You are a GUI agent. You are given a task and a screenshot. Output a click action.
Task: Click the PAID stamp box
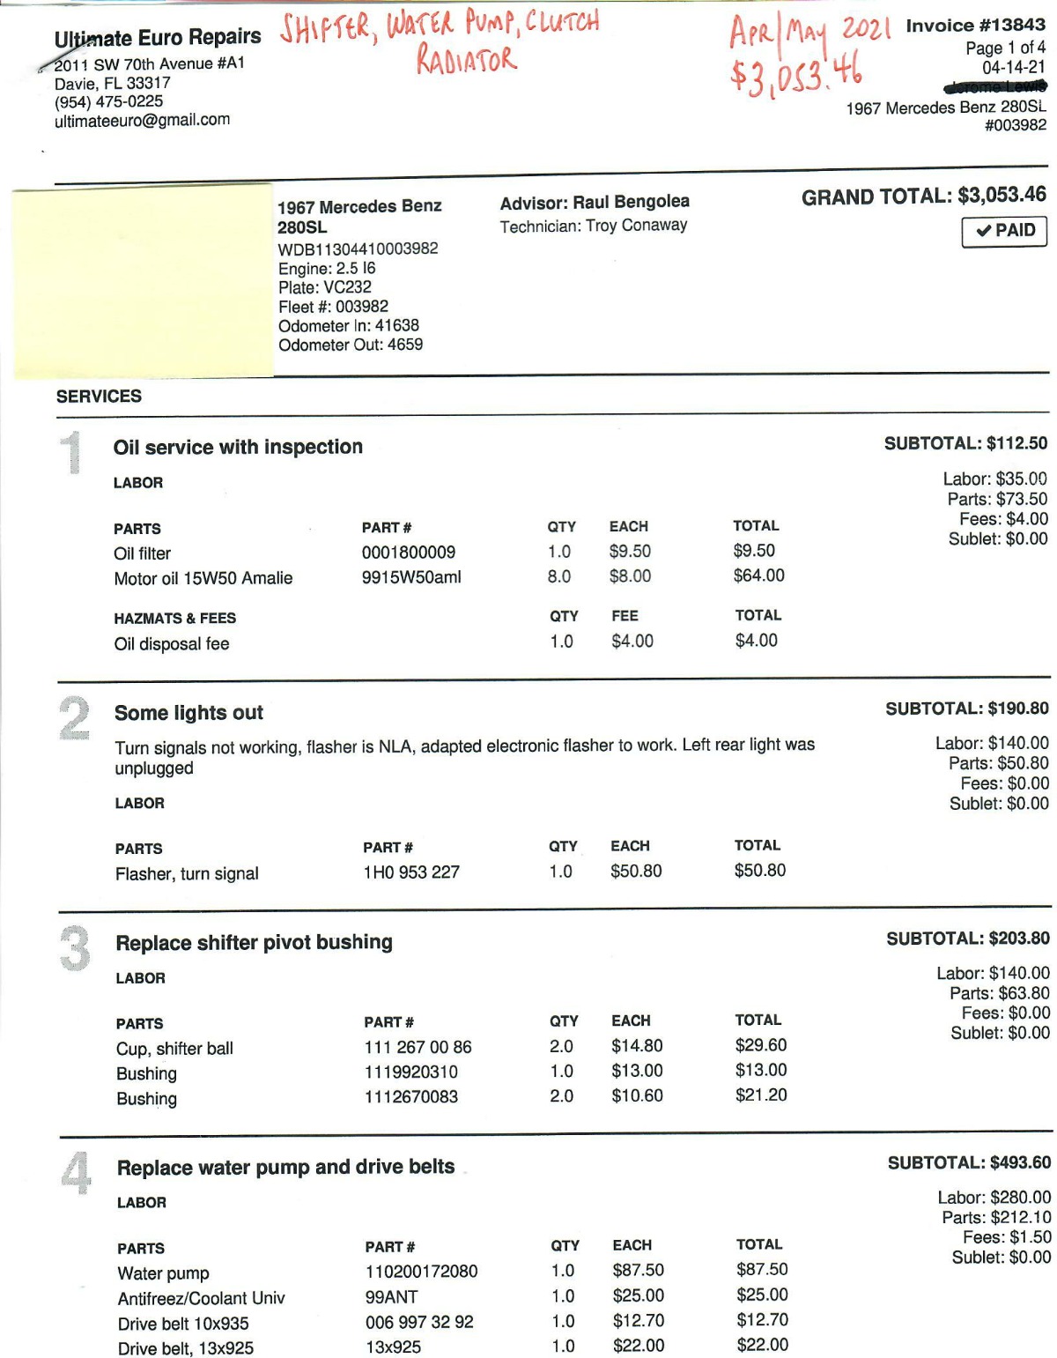(1004, 231)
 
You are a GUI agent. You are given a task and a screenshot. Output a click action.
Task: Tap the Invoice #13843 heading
(975, 26)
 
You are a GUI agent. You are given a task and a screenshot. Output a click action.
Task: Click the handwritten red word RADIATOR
(466, 60)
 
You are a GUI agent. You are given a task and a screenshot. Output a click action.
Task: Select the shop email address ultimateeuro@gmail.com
(142, 120)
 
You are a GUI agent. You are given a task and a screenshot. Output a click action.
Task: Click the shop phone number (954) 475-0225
(108, 101)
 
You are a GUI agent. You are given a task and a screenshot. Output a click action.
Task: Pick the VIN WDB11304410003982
(358, 249)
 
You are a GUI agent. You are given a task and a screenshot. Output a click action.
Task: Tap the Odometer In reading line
(349, 325)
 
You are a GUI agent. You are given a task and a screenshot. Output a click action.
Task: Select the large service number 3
(75, 948)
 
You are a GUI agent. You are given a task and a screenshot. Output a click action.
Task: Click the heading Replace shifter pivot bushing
(254, 942)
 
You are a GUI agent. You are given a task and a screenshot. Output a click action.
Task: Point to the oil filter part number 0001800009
(409, 553)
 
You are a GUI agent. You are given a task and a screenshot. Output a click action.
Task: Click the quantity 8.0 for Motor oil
(559, 576)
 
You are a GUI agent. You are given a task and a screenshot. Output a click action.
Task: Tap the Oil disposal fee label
(172, 644)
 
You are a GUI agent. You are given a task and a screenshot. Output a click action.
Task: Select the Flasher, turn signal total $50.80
(759, 871)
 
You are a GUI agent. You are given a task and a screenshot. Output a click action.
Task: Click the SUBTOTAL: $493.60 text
(969, 1163)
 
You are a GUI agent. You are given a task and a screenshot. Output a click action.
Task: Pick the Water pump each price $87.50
(638, 1270)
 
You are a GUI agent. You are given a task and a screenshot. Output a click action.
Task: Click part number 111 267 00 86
(418, 1047)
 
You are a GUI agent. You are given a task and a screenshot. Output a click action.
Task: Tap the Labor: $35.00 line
(994, 479)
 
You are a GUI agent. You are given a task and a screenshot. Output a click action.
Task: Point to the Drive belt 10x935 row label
(183, 1324)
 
